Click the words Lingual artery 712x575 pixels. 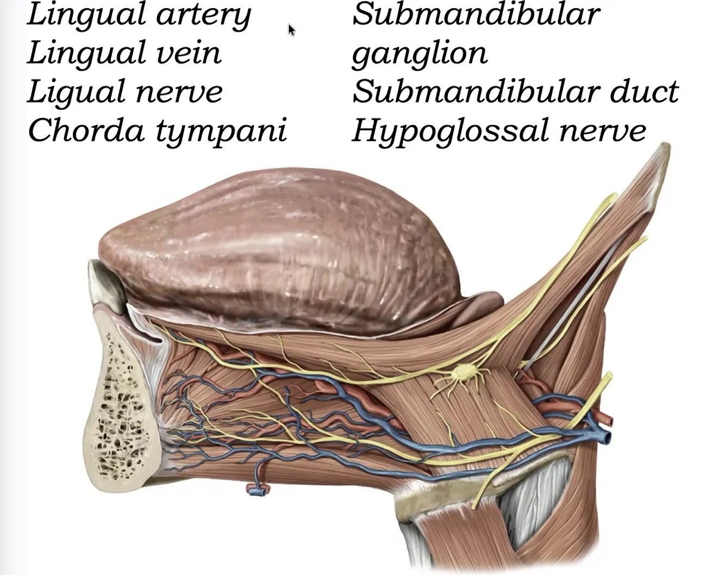coord(139,15)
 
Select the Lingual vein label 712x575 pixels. coord(124,53)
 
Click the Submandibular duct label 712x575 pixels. coord(515,92)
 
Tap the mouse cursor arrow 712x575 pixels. coord(291,30)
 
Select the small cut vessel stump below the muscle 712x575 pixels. coord(258,490)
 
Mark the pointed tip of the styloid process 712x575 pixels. coord(665,146)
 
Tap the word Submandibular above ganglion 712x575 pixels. coord(476,15)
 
